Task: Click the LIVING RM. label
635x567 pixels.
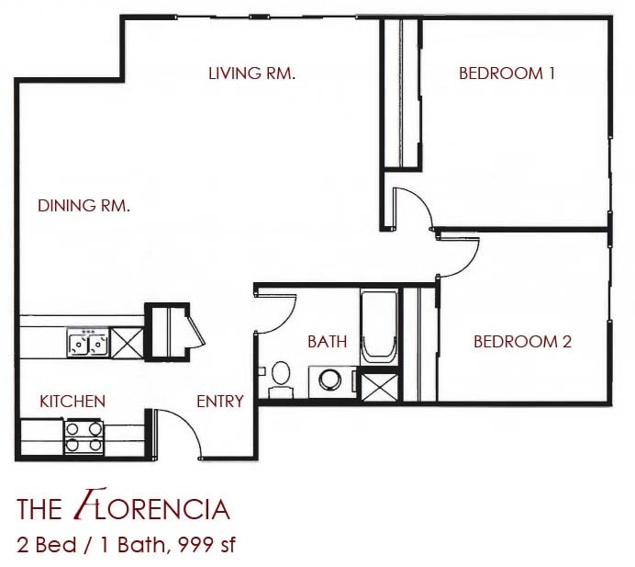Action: [251, 74]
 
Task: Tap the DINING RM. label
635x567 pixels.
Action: [84, 206]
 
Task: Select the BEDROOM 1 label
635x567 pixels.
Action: [507, 74]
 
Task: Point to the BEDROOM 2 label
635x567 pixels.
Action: [522, 342]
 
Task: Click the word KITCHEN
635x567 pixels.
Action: [72, 402]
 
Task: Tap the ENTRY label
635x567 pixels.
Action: [220, 402]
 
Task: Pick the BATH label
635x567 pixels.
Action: [327, 342]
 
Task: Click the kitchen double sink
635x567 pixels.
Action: [87, 344]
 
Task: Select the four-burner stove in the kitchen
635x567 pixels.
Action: [84, 437]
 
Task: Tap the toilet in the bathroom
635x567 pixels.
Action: [279, 379]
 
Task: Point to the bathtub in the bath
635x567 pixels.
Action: [379, 328]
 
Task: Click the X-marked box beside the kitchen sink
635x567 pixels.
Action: [125, 344]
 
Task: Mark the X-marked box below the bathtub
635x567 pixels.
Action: [379, 385]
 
